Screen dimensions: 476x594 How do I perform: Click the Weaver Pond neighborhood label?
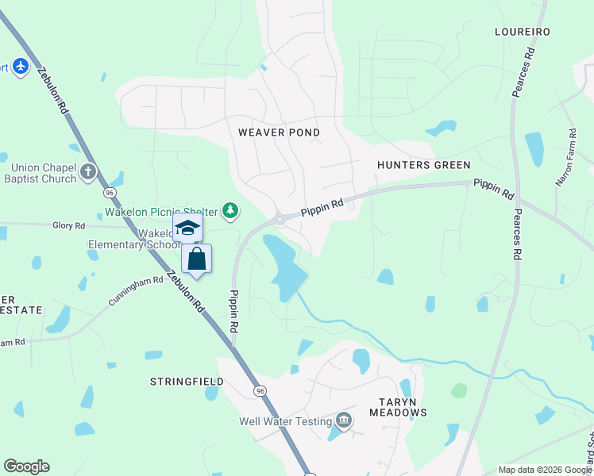click(x=279, y=132)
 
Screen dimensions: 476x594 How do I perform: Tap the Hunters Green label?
click(x=424, y=165)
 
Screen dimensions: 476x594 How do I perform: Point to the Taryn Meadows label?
click(x=398, y=406)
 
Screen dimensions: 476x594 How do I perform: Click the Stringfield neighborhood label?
click(x=187, y=382)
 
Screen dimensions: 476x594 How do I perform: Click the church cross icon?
click(x=88, y=172)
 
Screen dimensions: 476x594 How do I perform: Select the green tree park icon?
click(x=230, y=211)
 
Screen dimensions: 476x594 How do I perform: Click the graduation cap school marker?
click(x=187, y=228)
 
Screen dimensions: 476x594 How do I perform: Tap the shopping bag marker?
click(x=196, y=259)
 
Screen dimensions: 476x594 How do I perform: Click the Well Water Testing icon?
click(x=343, y=420)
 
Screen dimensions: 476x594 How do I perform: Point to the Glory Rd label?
click(x=68, y=226)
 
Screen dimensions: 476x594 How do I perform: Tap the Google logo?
click(x=26, y=466)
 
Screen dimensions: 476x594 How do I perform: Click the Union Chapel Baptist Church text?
click(x=44, y=173)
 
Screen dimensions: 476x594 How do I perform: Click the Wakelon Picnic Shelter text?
click(x=163, y=212)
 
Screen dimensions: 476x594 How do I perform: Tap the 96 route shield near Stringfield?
click(x=260, y=391)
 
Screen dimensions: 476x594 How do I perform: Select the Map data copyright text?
click(x=544, y=470)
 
